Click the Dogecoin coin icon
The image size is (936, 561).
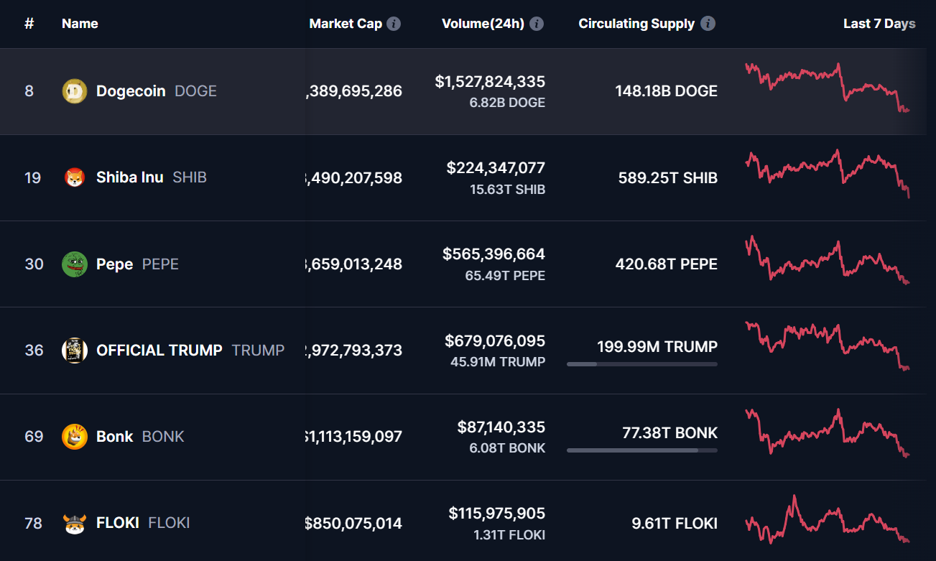coord(75,91)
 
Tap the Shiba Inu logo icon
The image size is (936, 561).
coord(75,177)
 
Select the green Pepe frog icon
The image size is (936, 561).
coord(75,264)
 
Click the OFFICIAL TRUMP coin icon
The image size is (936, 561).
coord(75,351)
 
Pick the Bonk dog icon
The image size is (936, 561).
coord(75,437)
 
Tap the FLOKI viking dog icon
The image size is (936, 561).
coord(75,523)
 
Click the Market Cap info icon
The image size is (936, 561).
coord(394,24)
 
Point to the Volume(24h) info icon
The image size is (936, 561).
coord(537,24)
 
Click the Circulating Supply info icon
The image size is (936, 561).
coord(708,24)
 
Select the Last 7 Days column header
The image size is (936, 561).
coord(879,24)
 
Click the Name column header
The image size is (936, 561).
coord(80,24)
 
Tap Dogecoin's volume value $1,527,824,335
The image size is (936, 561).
coord(490,82)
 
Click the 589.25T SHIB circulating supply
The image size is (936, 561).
coord(667,178)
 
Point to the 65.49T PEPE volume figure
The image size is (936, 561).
coord(507,276)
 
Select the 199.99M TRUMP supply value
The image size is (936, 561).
coord(657,347)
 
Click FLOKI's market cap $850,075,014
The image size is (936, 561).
coord(353,524)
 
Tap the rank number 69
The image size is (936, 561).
coord(34,437)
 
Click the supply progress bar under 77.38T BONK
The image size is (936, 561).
coord(641,450)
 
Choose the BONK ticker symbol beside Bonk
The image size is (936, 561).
coord(163,437)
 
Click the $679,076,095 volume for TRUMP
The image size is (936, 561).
coord(495,340)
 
